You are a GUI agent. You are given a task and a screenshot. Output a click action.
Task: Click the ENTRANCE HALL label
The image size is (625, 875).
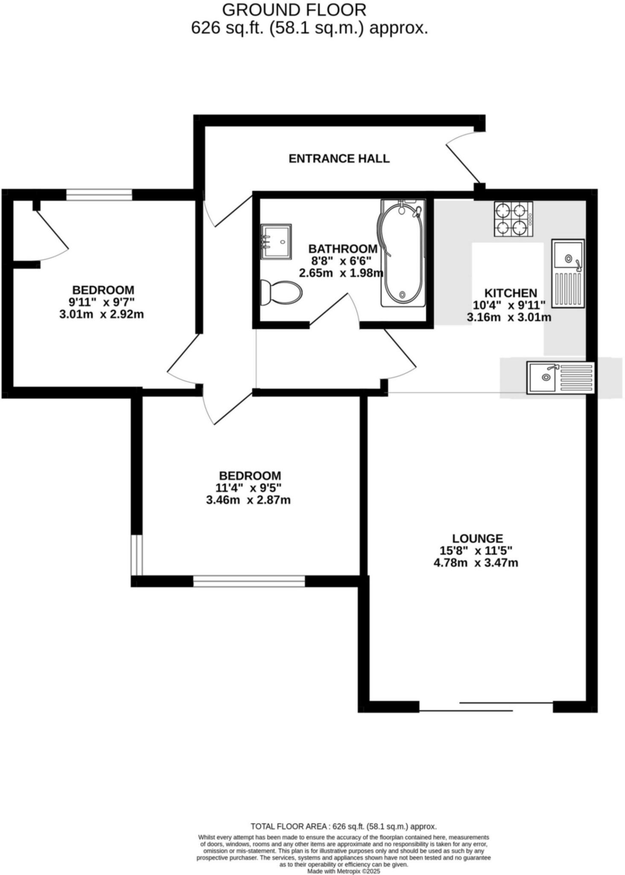[339, 159]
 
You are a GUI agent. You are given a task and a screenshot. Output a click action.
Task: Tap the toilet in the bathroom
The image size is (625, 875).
[281, 293]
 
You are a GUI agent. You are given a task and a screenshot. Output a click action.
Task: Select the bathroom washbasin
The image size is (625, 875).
[276, 241]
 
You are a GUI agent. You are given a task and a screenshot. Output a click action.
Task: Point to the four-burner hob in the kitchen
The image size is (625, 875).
[514, 219]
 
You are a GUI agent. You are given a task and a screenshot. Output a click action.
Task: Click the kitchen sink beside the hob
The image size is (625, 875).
[568, 273]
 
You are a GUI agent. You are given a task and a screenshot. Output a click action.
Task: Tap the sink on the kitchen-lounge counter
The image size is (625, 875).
[560, 377]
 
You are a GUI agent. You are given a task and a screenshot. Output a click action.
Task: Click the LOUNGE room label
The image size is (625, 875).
[478, 538]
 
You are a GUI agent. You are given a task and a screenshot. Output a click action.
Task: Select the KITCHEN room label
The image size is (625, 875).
[511, 293]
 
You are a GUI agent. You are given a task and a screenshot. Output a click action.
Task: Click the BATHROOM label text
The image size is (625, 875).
[343, 249]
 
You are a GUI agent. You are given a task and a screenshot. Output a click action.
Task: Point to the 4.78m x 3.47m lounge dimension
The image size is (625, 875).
[476, 563]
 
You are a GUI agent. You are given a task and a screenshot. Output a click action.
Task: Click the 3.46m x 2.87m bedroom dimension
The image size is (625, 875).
[248, 500]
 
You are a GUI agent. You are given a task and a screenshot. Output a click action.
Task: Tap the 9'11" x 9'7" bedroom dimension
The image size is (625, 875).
[102, 302]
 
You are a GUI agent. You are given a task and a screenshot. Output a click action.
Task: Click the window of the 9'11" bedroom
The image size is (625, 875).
[99, 195]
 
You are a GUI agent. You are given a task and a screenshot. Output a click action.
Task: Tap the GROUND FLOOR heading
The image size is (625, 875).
[294, 9]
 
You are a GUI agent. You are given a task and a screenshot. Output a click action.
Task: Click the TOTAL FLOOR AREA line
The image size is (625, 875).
[343, 826]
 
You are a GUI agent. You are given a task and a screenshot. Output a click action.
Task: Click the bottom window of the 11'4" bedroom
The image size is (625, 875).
[249, 581]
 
